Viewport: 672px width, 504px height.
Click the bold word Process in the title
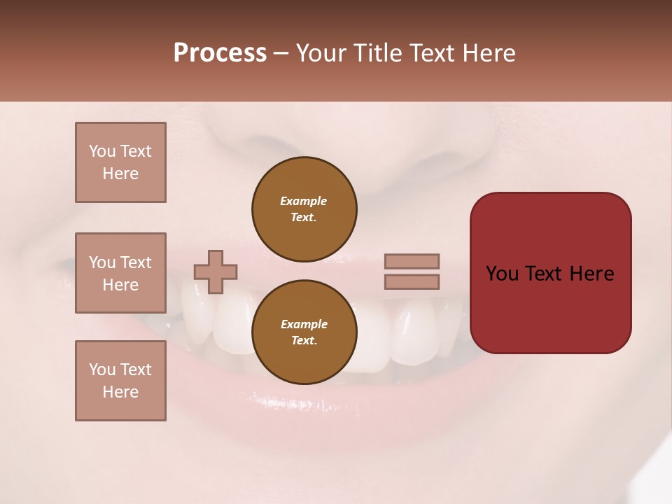pos(220,53)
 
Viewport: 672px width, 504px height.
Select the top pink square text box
pos(120,162)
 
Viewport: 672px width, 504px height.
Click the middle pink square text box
pos(120,273)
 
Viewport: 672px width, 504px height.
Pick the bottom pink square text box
pos(120,381)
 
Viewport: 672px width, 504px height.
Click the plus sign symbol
pos(216,272)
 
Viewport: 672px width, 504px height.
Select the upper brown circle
pos(304,209)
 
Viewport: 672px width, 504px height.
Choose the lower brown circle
pos(304,332)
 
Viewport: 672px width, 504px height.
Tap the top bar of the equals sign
pos(412,261)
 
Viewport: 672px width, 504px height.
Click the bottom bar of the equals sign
pos(412,281)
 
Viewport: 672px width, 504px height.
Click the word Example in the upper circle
pos(304,201)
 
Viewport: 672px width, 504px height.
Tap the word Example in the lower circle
pos(304,324)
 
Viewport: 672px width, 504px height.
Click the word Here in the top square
pos(120,174)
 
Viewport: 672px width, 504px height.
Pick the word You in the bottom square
pos(102,369)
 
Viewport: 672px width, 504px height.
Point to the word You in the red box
pos(502,273)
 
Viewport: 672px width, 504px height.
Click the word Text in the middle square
pos(135,262)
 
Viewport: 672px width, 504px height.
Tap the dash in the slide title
pos(281,53)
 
